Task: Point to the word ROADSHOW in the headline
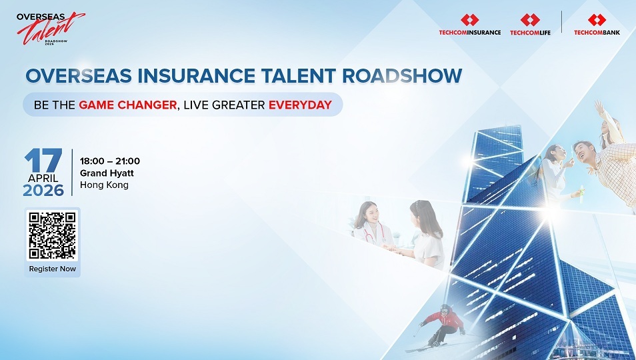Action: tap(402, 76)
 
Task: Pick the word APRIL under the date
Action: tap(43, 179)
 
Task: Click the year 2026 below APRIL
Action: tap(43, 191)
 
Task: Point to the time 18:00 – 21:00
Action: tap(109, 161)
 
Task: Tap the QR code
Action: tap(52, 235)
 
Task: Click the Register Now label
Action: tap(52, 269)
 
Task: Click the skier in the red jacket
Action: tap(444, 325)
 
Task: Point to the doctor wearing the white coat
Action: tap(371, 227)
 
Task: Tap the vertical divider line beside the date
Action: tap(72, 172)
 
